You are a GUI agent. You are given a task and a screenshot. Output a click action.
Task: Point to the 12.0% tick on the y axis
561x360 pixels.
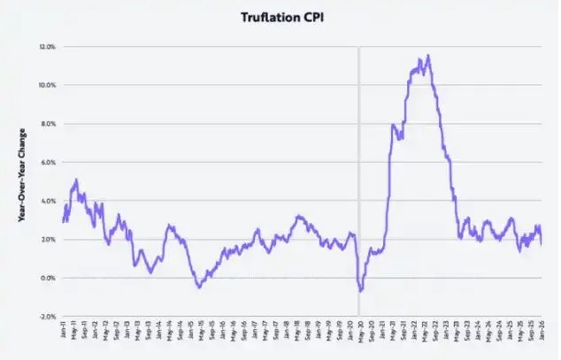coord(48,46)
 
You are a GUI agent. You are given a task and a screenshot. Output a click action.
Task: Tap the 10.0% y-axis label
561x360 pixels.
coord(48,85)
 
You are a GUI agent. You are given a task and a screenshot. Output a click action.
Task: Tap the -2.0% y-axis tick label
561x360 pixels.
coord(48,317)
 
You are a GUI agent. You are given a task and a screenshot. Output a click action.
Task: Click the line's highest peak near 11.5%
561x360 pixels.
coord(429,56)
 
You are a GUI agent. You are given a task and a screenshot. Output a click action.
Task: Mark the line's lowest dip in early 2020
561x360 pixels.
coord(360,291)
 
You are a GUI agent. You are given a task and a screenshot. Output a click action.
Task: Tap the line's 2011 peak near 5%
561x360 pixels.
coord(76,180)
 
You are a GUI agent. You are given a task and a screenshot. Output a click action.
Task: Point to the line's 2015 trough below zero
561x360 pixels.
coord(199,287)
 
